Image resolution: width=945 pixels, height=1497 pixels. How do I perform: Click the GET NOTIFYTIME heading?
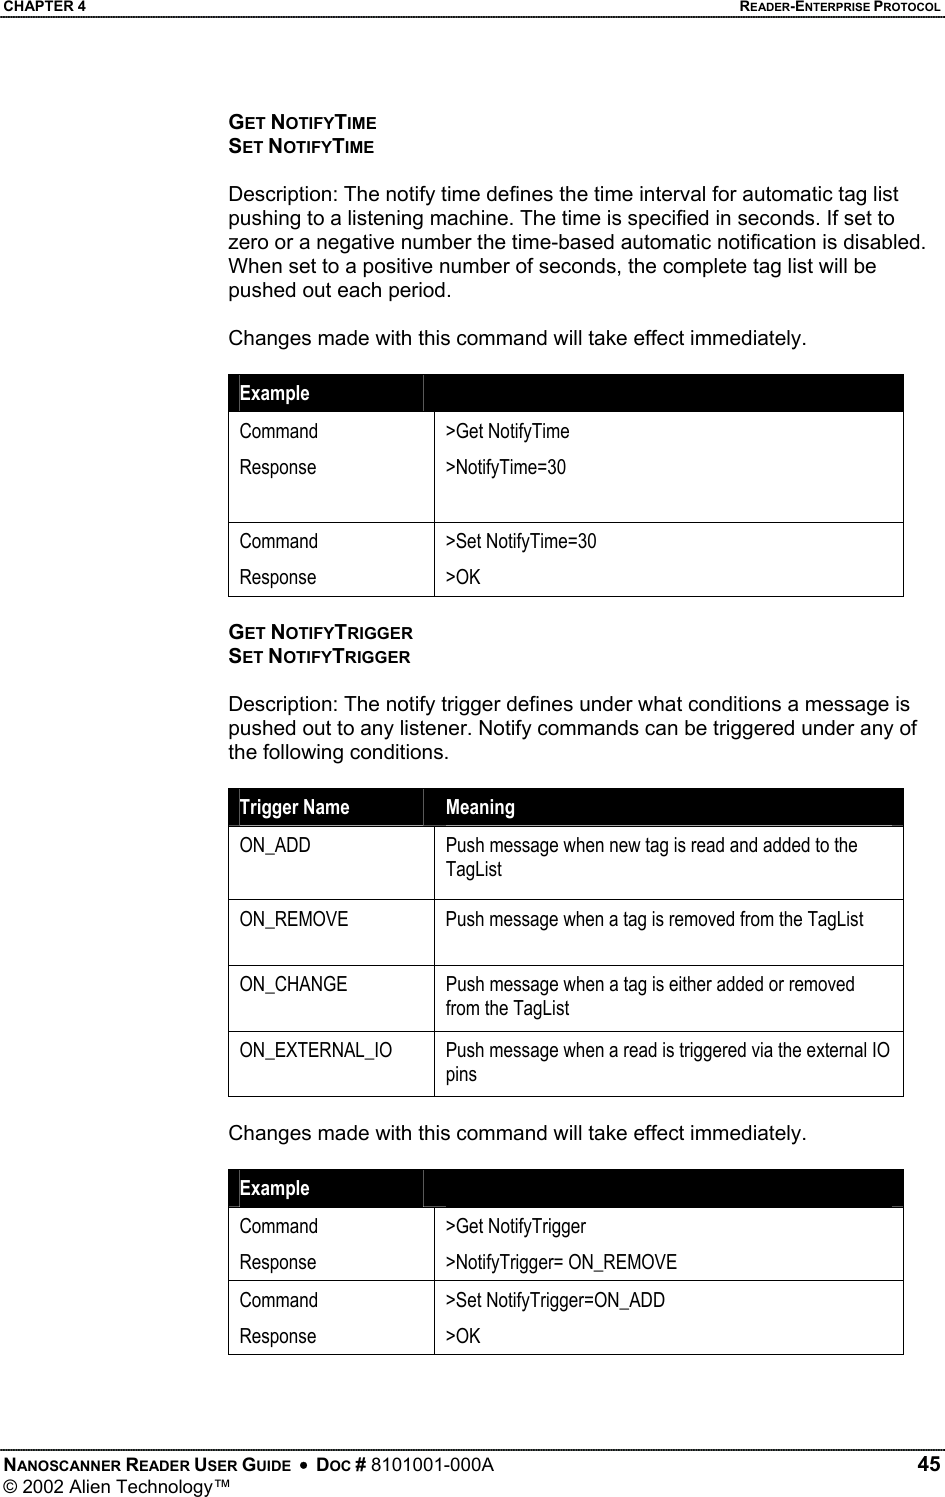click(x=302, y=123)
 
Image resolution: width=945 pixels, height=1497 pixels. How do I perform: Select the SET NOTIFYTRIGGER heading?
click(x=319, y=657)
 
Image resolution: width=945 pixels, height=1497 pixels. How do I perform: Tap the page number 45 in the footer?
click(x=928, y=1465)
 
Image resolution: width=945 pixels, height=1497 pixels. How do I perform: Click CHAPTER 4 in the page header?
click(x=43, y=7)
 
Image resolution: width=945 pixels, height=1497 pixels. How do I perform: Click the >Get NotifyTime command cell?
click(x=507, y=431)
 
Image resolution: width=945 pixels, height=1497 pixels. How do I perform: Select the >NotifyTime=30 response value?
click(x=505, y=467)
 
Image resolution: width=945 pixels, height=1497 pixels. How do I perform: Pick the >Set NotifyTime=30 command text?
click(x=521, y=541)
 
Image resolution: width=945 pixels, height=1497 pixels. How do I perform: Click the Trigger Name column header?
click(x=294, y=807)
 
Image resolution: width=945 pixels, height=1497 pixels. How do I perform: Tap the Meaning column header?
click(x=480, y=807)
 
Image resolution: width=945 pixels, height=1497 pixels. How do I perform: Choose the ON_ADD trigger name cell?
click(x=275, y=845)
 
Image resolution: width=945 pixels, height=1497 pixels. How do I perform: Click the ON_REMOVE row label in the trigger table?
click(x=294, y=919)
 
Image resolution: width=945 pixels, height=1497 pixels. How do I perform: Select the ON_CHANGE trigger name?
click(x=293, y=984)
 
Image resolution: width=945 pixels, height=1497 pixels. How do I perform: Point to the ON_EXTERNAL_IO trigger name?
click(x=316, y=1050)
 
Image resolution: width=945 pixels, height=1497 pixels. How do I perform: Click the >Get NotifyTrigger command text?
click(x=516, y=1226)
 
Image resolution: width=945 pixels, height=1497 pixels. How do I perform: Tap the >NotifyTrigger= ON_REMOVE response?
click(x=561, y=1262)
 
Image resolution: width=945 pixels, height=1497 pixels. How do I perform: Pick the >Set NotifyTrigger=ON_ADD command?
click(x=555, y=1300)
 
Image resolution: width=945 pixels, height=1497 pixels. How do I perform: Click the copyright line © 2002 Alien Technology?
click(x=115, y=1487)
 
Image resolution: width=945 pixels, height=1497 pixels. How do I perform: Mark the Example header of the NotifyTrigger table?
click(x=275, y=1188)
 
